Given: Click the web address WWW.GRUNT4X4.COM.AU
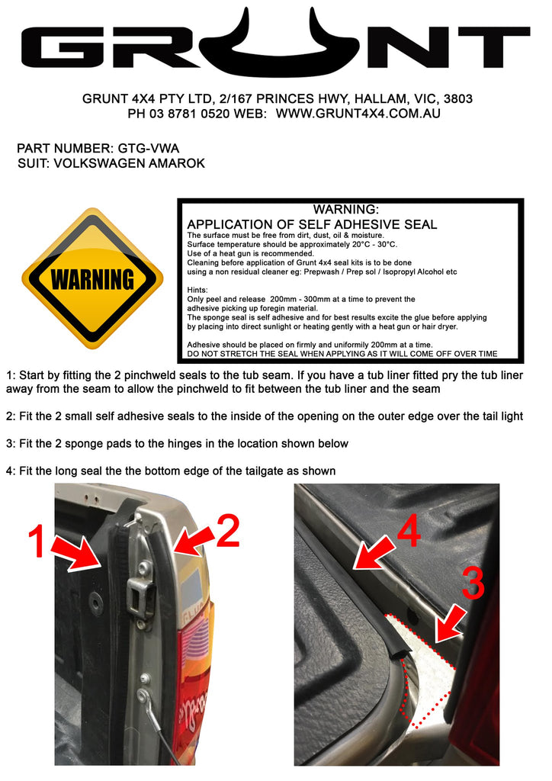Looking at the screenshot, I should tap(358, 113).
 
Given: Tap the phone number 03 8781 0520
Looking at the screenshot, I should tap(192, 113).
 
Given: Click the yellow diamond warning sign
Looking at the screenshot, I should tap(92, 278).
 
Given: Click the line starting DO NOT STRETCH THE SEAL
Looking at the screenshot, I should tap(342, 354).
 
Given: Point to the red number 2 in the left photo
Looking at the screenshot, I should tap(226, 532).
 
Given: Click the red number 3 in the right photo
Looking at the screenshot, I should tap(473, 583).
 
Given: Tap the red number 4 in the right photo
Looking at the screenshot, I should tap(409, 532).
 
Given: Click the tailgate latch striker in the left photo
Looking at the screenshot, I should tap(141, 593).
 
